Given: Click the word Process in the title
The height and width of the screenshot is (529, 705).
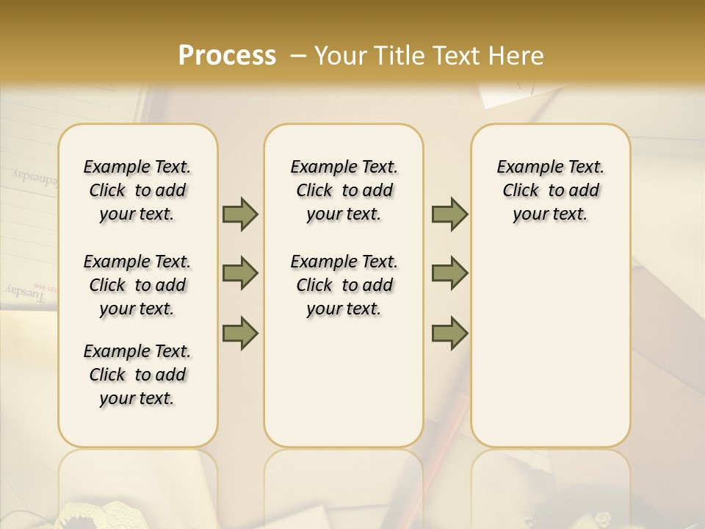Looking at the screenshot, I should (227, 56).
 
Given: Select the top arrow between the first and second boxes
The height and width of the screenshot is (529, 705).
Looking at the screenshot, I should (240, 215).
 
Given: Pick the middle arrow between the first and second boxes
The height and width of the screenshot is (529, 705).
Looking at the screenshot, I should (240, 273).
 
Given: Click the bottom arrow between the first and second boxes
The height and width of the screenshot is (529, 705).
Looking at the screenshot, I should (240, 333).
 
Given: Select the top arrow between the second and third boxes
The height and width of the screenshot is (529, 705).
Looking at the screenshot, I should (449, 215).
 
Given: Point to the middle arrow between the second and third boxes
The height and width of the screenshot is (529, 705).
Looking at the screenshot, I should (449, 273).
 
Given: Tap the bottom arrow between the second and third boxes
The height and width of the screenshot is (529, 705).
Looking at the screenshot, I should (449, 333).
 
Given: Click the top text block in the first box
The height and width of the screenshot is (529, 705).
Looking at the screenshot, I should (137, 190).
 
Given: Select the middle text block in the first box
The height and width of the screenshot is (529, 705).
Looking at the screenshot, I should (137, 285).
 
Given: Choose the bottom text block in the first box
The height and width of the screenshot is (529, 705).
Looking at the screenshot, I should (137, 375).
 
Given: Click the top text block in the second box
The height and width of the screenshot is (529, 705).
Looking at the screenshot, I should (344, 190).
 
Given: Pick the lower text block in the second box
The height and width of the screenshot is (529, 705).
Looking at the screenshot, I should (344, 285).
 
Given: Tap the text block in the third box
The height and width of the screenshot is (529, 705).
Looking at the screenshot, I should (550, 190).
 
